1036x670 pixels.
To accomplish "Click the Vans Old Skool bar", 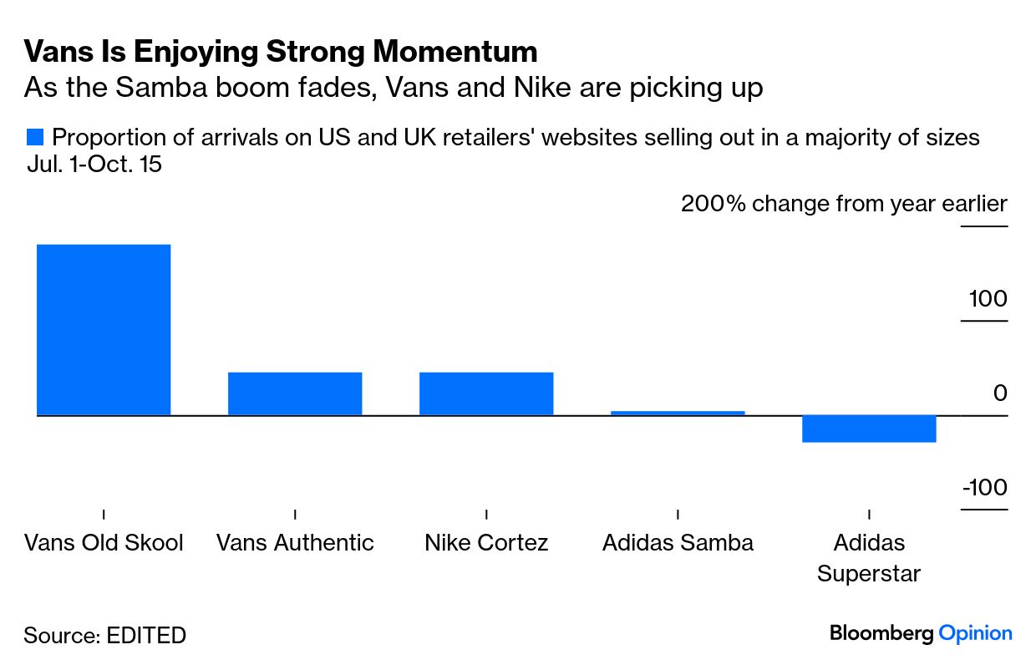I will (x=104, y=329).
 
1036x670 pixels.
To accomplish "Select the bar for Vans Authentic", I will (x=295, y=393).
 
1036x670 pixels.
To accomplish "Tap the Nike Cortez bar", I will (x=486, y=393).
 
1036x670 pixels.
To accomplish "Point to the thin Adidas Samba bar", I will (x=678, y=413).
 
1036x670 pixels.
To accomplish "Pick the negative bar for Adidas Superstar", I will (x=869, y=429).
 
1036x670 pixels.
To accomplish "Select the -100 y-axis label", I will (x=984, y=488).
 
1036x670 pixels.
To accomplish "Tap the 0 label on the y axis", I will (x=1000, y=393).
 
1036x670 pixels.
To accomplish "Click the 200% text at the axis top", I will (x=713, y=204).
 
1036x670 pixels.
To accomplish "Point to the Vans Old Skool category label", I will (x=104, y=543).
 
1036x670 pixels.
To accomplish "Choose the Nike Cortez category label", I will (x=486, y=543).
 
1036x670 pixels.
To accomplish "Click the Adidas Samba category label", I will (x=678, y=543).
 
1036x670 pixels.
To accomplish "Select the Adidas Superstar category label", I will (x=869, y=558).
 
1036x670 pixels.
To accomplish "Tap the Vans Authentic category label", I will (x=295, y=543).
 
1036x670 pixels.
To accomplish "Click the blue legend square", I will (x=34, y=137).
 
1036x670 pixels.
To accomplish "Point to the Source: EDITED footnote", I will (x=104, y=635).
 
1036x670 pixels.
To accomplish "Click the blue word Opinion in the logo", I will (x=975, y=633).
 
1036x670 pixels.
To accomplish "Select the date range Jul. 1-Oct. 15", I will (x=94, y=165).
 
